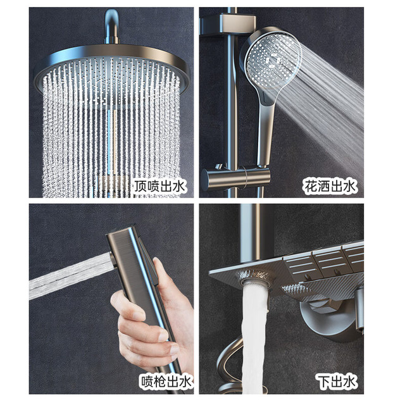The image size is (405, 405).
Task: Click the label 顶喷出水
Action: pos(159,186)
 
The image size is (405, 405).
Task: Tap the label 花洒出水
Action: pos(330,186)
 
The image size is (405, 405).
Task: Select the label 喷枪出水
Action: pos(166,381)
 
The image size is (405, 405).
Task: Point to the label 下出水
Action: pos(337,382)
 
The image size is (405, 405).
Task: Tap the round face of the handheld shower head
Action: pos(273,60)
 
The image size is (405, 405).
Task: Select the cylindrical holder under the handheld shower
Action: pos(235,178)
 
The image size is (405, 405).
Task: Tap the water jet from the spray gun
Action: pos(71,277)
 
